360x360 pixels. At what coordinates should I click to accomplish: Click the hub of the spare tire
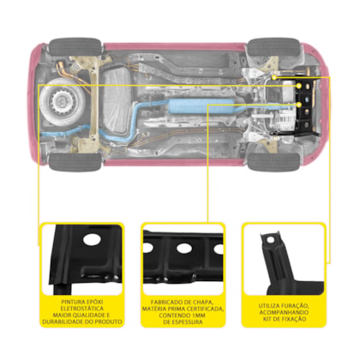coord(61,101)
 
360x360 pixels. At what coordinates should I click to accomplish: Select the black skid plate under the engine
coord(305,106)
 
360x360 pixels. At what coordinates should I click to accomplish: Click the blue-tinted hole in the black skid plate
coord(307,99)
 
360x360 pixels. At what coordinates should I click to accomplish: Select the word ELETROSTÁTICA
coord(82,309)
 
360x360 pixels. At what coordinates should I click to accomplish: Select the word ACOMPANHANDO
coord(284,312)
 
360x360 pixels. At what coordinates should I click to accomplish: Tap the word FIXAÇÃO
coord(294,319)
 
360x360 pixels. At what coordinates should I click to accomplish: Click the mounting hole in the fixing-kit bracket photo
coord(270,240)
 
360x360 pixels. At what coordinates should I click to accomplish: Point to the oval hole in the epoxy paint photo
coord(92,239)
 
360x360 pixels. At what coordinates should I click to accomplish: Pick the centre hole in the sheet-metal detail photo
coord(183,249)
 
